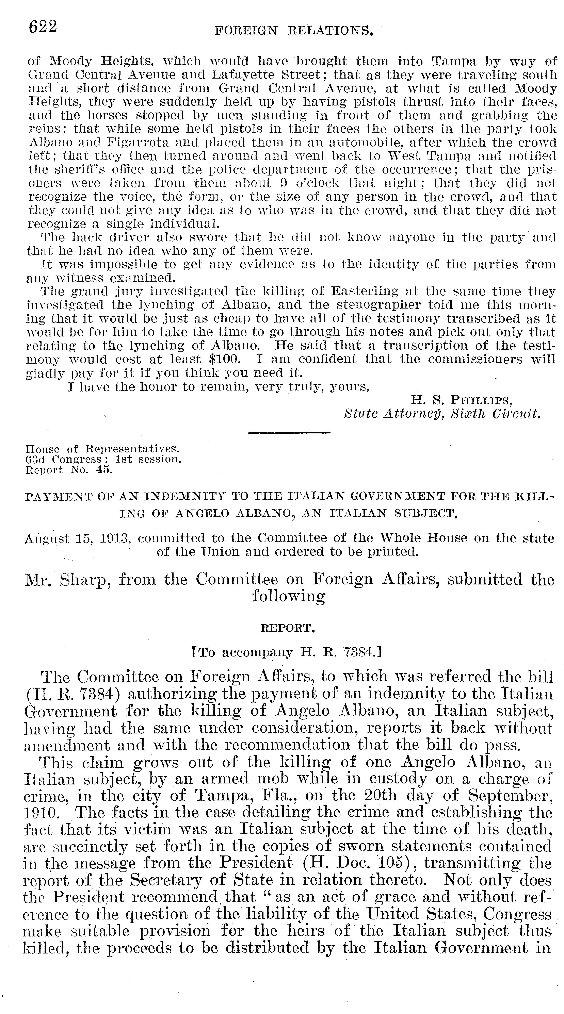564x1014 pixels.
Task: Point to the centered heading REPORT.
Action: tap(288, 628)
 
